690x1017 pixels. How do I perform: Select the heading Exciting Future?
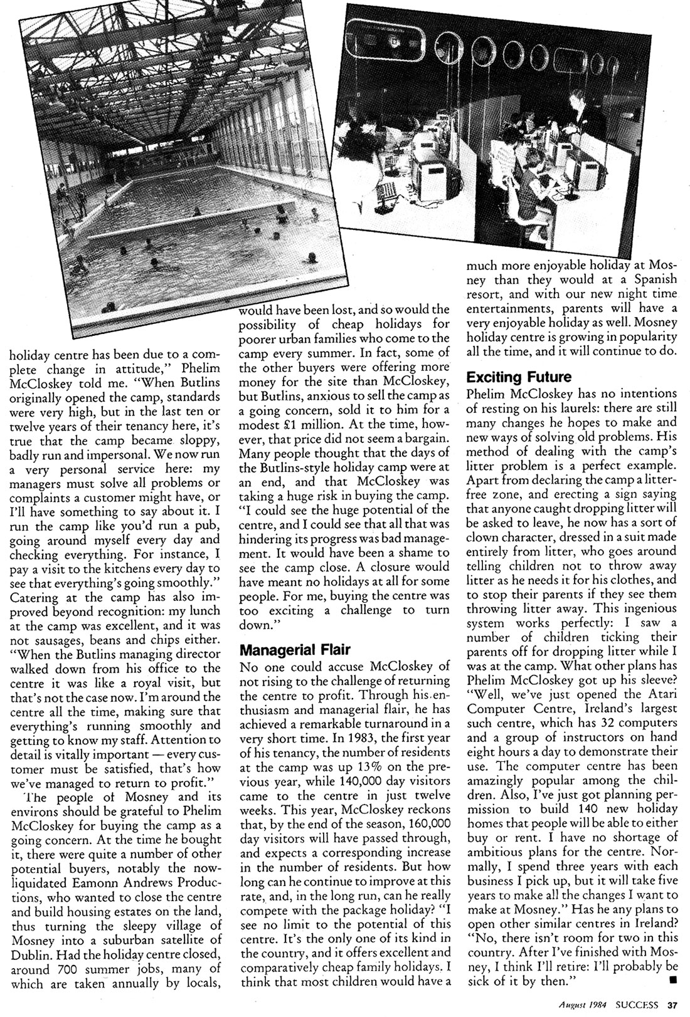[519, 377]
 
